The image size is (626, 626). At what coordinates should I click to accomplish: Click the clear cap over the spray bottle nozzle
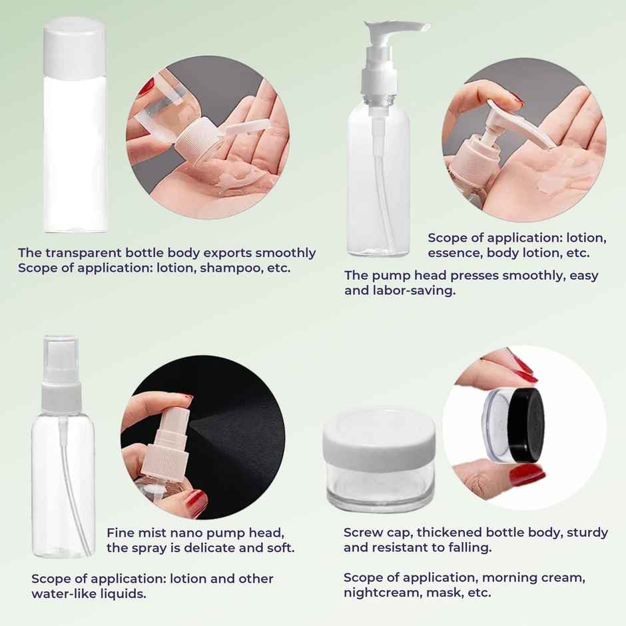coord(61,360)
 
